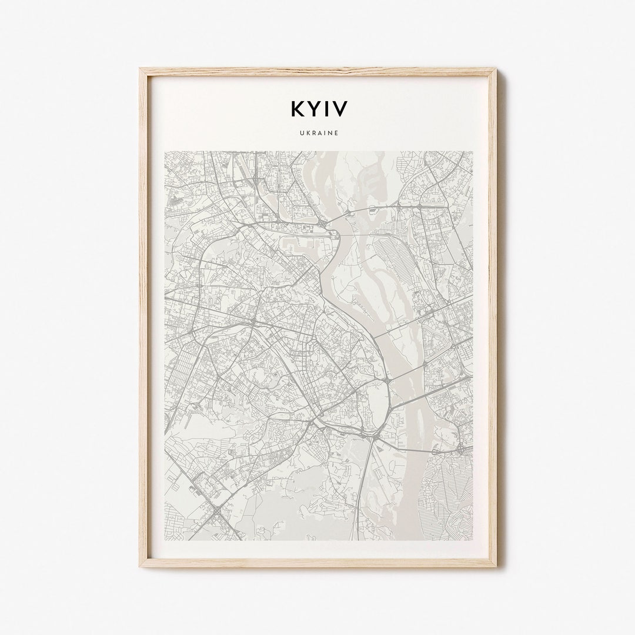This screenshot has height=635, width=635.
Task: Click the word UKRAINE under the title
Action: [x=318, y=133]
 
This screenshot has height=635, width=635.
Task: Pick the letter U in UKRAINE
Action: [x=299, y=133]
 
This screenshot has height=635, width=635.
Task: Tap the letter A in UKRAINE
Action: [x=318, y=133]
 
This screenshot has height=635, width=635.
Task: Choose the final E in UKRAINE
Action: [x=336, y=133]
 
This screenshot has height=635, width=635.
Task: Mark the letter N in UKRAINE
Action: [x=330, y=133]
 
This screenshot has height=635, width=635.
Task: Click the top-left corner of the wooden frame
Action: [x=141, y=69]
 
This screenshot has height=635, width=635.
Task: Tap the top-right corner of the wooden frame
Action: [x=496, y=69]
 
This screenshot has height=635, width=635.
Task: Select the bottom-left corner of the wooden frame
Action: [x=141, y=566]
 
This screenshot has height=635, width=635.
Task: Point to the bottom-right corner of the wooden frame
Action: [x=496, y=566]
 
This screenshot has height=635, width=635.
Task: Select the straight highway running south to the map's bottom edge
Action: [x=360, y=494]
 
